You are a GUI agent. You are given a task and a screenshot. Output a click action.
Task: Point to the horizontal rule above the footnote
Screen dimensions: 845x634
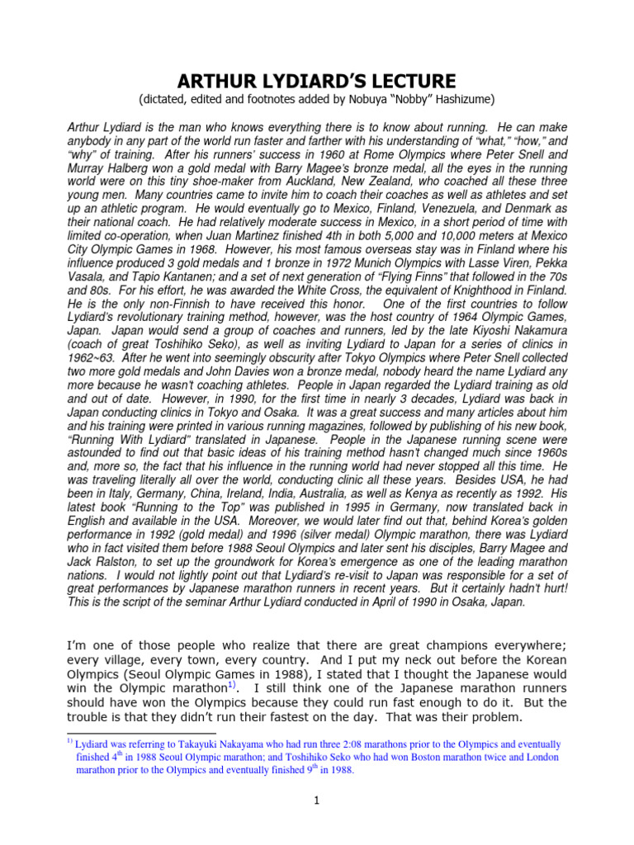(x=140, y=733)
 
